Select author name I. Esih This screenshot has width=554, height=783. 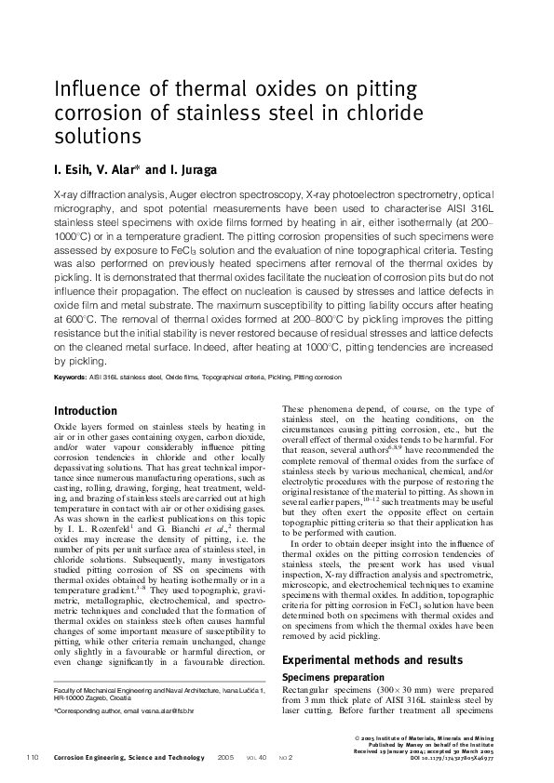point(77,170)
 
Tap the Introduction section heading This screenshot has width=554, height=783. point(86,410)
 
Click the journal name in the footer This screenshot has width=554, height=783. point(128,757)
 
